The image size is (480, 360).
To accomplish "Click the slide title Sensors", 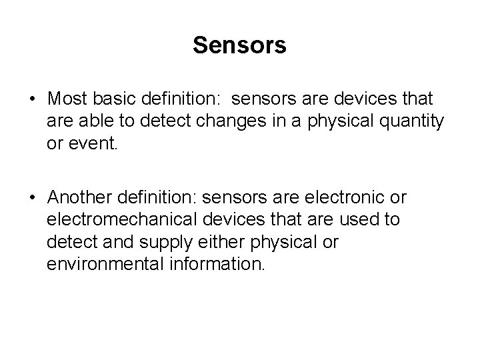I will (x=240, y=45).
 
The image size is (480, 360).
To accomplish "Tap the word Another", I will (x=79, y=199).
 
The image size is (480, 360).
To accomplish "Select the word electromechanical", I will (x=123, y=220).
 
